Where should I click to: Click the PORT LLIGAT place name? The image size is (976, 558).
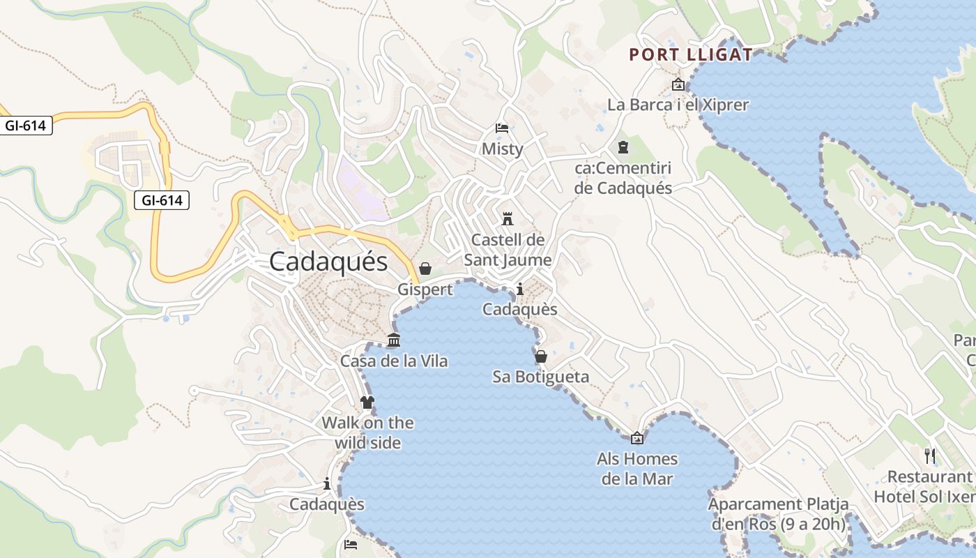point(691,54)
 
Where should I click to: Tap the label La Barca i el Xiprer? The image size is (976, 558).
point(678,105)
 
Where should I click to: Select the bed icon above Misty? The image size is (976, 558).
point(502,128)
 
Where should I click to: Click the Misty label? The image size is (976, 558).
point(502,149)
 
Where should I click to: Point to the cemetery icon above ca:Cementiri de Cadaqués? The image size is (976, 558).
point(623,147)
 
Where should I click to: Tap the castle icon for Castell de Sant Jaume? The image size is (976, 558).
point(508,218)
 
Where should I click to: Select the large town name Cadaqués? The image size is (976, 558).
point(328,262)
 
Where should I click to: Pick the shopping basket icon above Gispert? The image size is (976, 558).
point(425,269)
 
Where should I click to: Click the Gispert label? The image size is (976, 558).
point(425,289)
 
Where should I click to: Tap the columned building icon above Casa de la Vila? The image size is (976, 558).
point(394,340)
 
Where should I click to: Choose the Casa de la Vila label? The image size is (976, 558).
point(394,361)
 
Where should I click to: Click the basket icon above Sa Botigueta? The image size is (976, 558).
point(540,356)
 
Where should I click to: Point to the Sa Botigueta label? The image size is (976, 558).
point(540,377)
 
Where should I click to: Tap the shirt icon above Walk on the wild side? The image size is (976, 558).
point(367,402)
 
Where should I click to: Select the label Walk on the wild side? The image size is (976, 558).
point(367,432)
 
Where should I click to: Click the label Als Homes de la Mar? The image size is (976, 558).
point(637,469)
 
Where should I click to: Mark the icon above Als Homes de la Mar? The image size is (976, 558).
point(636,438)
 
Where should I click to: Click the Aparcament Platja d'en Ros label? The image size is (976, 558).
point(778,514)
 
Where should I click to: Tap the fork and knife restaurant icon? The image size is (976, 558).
point(930,456)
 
